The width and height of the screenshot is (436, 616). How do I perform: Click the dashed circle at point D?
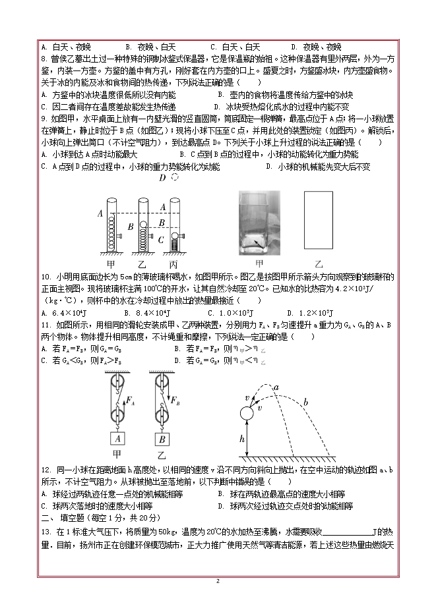click(175, 178)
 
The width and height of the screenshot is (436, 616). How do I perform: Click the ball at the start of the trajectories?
click(246, 415)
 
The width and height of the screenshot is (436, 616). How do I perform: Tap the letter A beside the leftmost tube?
click(100, 213)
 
